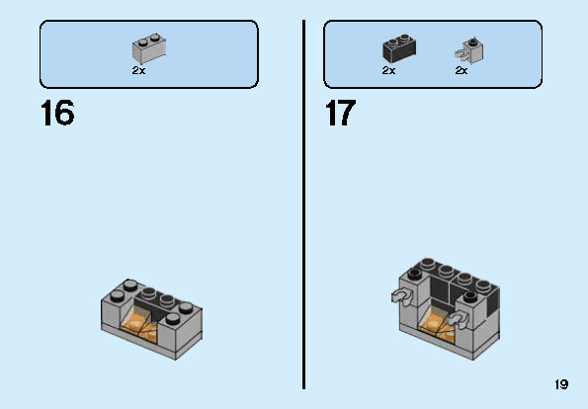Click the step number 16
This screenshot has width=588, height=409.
point(57,113)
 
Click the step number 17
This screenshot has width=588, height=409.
point(339,113)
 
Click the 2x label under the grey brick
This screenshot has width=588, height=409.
point(138,71)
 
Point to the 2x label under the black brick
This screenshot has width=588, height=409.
point(388,71)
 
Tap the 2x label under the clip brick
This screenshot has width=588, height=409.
point(461,71)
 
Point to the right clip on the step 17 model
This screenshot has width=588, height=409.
point(459,318)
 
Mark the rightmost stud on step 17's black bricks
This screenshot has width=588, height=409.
point(484,280)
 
